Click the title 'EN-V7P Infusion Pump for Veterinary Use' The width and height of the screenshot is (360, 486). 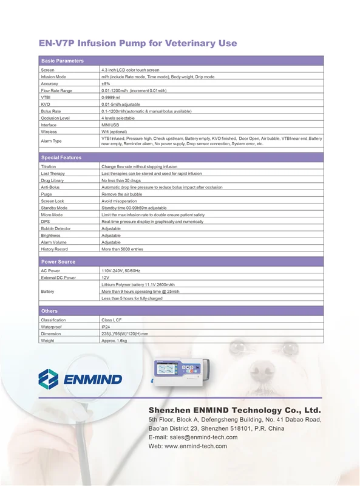pyautogui.click(x=137, y=44)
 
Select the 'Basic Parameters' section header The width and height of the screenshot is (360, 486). pyautogui.click(x=62, y=61)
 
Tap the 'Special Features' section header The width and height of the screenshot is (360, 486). pyautogui.click(x=61, y=157)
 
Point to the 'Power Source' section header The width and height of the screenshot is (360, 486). pyautogui.click(x=58, y=262)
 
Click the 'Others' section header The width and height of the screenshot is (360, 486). pyautogui.click(x=49, y=311)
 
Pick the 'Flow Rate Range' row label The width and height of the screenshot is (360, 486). pyautogui.click(x=56, y=91)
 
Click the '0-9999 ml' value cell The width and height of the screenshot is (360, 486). pyautogui.click(x=111, y=97)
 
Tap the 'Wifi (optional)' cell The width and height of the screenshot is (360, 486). pyautogui.click(x=114, y=131)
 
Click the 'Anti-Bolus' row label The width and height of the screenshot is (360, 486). pyautogui.click(x=50, y=187)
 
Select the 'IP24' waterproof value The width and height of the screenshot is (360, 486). pyautogui.click(x=106, y=327)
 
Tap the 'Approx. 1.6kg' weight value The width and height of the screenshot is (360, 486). pyautogui.click(x=114, y=341)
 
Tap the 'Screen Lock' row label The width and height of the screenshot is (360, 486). pyautogui.click(x=52, y=200)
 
